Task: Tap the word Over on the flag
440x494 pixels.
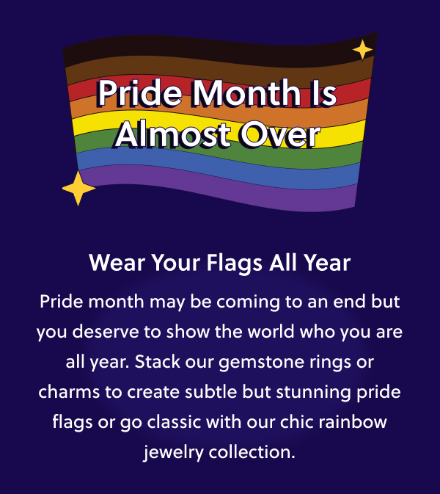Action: point(280,134)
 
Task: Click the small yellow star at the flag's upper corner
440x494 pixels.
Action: point(362,49)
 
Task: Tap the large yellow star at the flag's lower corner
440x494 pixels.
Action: point(78,188)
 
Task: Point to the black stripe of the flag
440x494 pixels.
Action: point(220,51)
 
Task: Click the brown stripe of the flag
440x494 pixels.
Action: point(220,70)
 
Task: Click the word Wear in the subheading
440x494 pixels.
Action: point(117,263)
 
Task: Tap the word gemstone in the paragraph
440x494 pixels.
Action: point(261,363)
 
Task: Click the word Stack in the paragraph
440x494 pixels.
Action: point(158,361)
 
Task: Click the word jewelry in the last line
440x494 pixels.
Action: point(173,452)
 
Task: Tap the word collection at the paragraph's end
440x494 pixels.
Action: point(252,451)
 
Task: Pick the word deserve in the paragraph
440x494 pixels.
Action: point(106,332)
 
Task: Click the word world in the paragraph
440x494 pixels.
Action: point(271,332)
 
